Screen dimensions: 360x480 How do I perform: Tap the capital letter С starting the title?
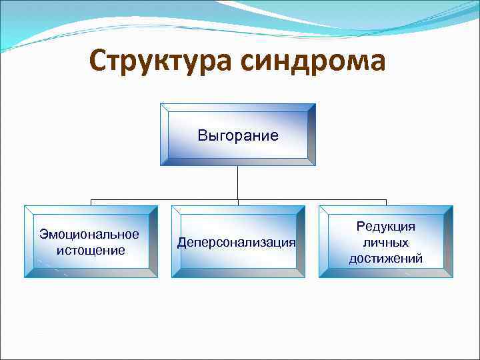coord(99,61)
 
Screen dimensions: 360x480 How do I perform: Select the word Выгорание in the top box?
coord(238,136)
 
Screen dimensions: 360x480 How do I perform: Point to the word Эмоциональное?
coord(89,234)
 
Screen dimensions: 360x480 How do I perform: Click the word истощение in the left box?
coord(89,250)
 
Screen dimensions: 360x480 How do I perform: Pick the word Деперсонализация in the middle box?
coord(237,242)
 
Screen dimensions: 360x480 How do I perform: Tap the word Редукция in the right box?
coord(386,227)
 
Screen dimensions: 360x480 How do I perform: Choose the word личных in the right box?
coord(386,243)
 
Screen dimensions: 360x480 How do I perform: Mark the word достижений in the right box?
coord(386,259)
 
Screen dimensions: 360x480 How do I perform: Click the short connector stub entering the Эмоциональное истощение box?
coord(91,202)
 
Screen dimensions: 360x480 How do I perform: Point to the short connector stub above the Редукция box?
coord(386,202)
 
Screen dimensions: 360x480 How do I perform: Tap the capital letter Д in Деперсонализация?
coord(181,242)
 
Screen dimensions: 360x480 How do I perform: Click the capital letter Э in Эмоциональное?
coord(43,234)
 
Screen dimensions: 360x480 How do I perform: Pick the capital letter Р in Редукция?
coord(361,227)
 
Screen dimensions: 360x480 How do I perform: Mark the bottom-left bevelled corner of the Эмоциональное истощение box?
coord(29,273)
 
